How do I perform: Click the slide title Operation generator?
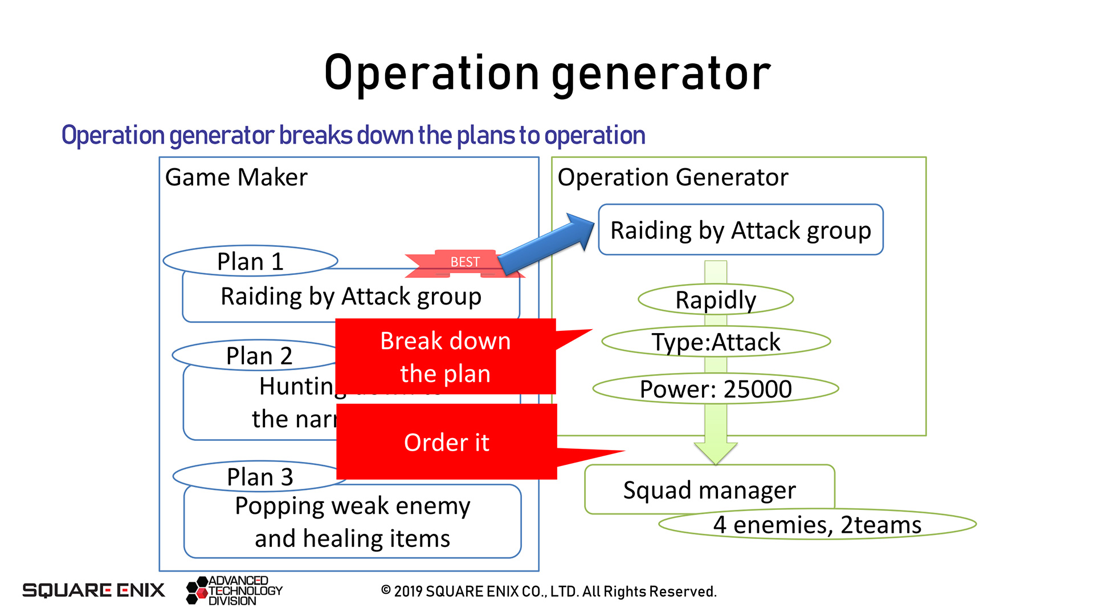click(547, 73)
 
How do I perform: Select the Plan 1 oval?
click(250, 261)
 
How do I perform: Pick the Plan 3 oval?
click(259, 477)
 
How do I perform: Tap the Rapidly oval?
click(716, 299)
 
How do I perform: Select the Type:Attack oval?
click(716, 342)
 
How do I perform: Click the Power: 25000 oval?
click(716, 389)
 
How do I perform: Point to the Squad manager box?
click(709, 489)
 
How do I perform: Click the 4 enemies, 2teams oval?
click(817, 525)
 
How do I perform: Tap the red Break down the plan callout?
click(446, 356)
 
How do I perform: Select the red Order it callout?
click(447, 442)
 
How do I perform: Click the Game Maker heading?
click(236, 177)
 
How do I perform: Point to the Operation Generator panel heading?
click(672, 177)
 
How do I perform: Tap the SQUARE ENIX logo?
click(93, 590)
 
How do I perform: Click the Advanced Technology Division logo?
click(234, 590)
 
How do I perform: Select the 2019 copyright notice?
click(548, 591)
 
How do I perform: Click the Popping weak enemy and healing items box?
click(352, 521)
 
